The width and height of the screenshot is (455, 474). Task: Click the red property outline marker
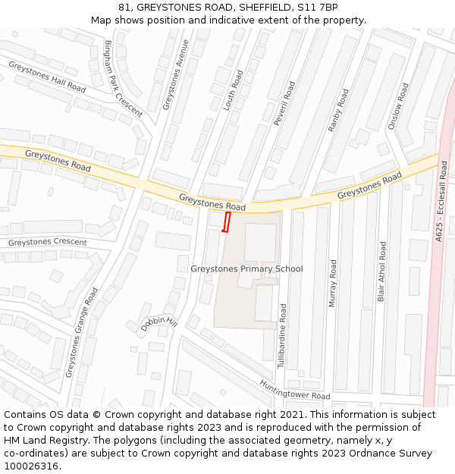tap(226, 221)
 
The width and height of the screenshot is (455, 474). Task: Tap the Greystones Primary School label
tap(246, 268)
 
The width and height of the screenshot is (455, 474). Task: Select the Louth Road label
tap(234, 90)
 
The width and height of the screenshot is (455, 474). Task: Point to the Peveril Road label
tap(279, 104)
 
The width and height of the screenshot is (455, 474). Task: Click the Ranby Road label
tap(338, 111)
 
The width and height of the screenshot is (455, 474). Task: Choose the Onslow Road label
tap(398, 106)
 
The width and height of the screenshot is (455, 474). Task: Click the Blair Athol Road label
tap(382, 272)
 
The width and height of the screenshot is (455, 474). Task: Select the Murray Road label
tap(332, 283)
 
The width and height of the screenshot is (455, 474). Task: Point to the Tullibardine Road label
tap(282, 336)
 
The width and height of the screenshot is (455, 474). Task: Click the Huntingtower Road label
tap(295, 390)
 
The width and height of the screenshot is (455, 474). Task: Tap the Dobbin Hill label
tap(158, 324)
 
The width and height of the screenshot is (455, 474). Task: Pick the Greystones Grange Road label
tap(82, 331)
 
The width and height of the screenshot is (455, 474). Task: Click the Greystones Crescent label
tap(47, 243)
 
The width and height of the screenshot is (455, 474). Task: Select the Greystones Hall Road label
tap(47, 77)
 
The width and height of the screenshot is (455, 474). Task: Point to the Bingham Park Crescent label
tap(123, 78)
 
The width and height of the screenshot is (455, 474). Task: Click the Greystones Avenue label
tap(175, 75)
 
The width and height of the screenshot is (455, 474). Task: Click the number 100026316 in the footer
tap(31, 466)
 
